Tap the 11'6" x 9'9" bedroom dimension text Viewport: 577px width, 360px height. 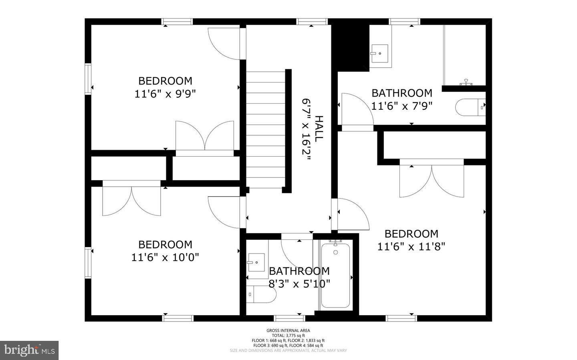pyautogui.click(x=165, y=94)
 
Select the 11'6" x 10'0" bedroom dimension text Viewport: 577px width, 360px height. pyautogui.click(x=165, y=257)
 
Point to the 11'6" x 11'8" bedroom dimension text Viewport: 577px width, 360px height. pyautogui.click(x=411, y=247)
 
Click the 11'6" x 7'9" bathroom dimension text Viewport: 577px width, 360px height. pyautogui.click(x=402, y=106)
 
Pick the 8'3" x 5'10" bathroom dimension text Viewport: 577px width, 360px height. pyautogui.click(x=299, y=284)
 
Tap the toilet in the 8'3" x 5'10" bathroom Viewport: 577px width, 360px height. pyautogui.click(x=260, y=295)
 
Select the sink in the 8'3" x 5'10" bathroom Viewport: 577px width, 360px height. pyautogui.click(x=256, y=263)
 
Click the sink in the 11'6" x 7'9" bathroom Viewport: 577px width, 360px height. pyautogui.click(x=379, y=53)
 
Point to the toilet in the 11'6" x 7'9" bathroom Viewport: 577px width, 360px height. pyautogui.click(x=470, y=107)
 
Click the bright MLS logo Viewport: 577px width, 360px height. pyautogui.click(x=29, y=350)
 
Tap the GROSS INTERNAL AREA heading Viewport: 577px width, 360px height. pyautogui.click(x=288, y=330)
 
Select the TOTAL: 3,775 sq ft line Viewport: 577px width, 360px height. pyautogui.click(x=288, y=336)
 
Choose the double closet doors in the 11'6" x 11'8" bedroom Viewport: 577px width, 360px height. pyautogui.click(x=432, y=181)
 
